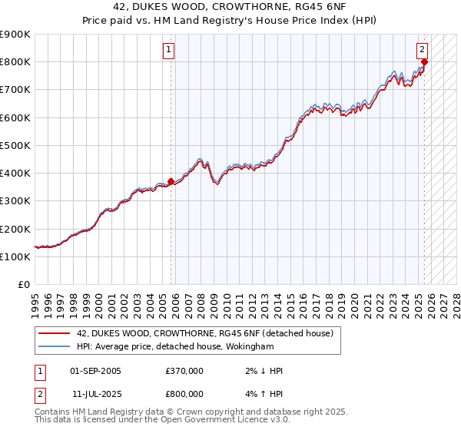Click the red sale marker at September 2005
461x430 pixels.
pos(171,181)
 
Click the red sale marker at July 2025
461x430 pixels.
pos(425,62)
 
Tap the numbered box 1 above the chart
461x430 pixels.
pos(167,51)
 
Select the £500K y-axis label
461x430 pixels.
pos(15,145)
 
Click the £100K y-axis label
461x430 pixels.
pos(15,256)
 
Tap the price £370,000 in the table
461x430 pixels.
pos(184,371)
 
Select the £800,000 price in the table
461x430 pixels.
pos(184,394)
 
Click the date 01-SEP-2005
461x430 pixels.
pos(95,371)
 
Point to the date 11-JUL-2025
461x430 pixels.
pos(95,394)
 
